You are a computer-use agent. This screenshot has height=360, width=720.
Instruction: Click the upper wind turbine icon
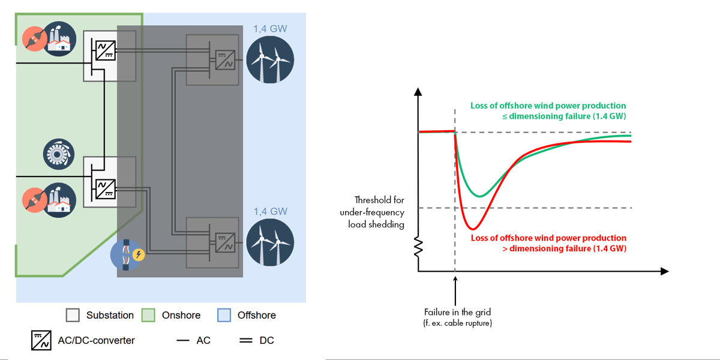[269, 59]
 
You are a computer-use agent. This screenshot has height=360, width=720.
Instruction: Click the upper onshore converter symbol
[101, 49]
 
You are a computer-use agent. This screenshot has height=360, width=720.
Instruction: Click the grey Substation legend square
[73, 315]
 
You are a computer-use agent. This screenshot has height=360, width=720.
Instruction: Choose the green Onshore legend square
[148, 315]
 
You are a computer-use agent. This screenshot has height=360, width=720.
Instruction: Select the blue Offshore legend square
[224, 315]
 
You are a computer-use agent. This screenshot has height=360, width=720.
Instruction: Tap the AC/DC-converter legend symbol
[41, 340]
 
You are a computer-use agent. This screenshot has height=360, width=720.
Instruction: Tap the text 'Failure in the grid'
[457, 313]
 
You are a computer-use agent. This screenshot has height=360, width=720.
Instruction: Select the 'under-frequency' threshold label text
[372, 212]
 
